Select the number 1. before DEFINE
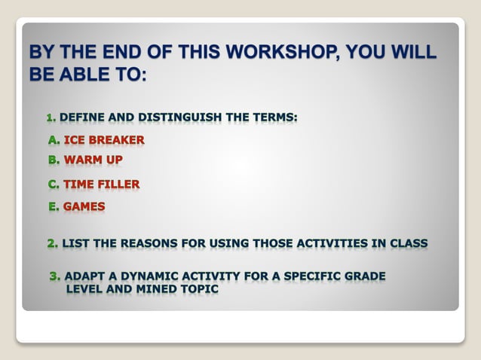coord(51,117)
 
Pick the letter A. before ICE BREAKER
coord(54,140)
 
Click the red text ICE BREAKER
coord(104,140)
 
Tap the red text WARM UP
coord(93,160)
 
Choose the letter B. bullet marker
coord(54,160)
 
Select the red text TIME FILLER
coord(102,184)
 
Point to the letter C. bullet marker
coord(54,184)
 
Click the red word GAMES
coord(84,206)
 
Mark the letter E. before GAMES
coord(54,206)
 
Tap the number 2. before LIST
coord(52,243)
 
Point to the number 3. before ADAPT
coord(55,276)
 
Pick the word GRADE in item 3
coord(366,276)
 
